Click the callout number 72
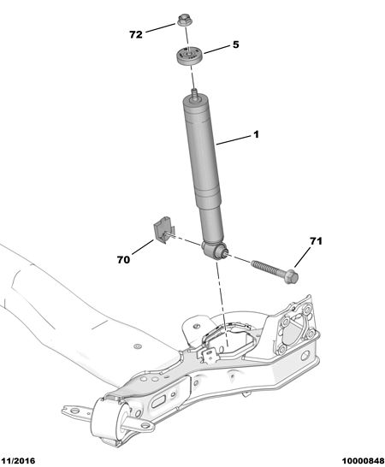point(136,34)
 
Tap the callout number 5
point(236,44)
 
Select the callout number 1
point(256,134)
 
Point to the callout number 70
point(123,260)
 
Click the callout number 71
point(316,241)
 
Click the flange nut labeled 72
point(184,20)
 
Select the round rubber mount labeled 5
point(189,56)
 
